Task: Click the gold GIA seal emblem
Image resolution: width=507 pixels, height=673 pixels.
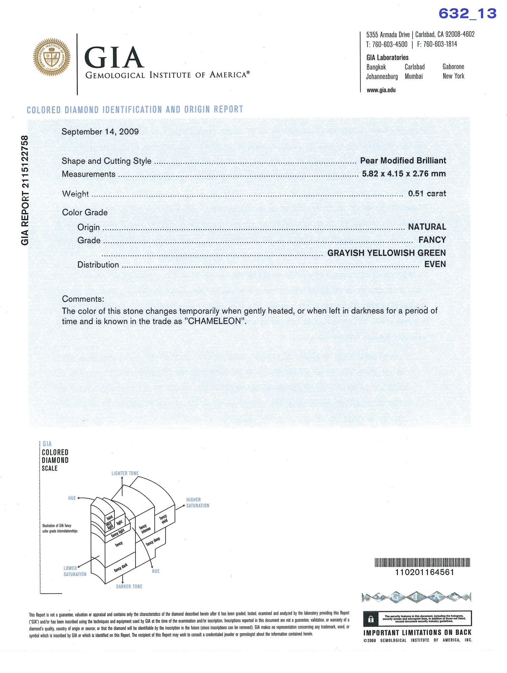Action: click(x=51, y=57)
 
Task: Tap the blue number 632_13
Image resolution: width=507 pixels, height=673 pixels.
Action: click(x=467, y=14)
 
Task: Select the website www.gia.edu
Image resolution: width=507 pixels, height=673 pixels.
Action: click(x=381, y=90)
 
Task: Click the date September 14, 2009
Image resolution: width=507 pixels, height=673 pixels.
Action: click(x=100, y=131)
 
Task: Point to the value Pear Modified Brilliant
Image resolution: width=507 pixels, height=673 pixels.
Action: click(x=403, y=161)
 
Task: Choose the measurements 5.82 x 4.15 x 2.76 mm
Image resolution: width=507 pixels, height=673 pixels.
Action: click(x=404, y=174)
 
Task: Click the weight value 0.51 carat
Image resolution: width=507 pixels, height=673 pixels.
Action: click(x=427, y=193)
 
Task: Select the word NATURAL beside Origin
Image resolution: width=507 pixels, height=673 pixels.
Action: click(x=427, y=227)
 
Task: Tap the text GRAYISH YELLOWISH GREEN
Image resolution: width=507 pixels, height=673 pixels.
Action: click(x=386, y=253)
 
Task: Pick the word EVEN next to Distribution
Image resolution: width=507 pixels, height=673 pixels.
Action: click(x=435, y=264)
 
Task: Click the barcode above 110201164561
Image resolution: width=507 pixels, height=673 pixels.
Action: click(x=422, y=562)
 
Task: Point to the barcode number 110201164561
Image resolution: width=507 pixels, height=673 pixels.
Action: click(x=425, y=572)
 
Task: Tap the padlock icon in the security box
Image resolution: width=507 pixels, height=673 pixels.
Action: click(x=371, y=619)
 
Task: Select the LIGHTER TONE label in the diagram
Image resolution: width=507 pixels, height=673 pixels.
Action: click(x=125, y=473)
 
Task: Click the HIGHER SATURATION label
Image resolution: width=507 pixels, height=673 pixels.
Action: click(x=197, y=503)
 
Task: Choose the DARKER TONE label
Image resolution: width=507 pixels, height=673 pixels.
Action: click(x=129, y=586)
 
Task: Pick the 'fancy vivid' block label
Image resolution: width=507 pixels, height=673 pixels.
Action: click(x=164, y=519)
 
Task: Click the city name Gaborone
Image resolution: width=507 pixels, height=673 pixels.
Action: click(x=453, y=67)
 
